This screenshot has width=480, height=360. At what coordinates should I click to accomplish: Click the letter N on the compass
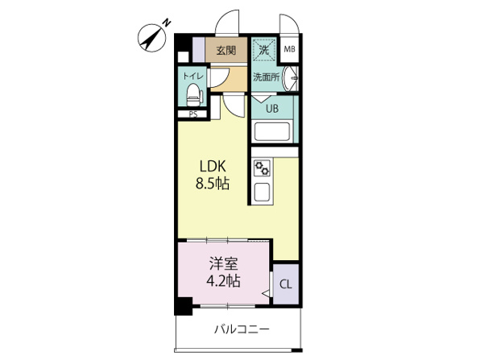(167, 23)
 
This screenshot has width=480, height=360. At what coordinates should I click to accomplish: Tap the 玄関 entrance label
(226, 50)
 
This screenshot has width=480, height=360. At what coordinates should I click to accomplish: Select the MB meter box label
(289, 48)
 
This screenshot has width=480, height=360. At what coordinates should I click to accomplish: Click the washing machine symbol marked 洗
(264, 50)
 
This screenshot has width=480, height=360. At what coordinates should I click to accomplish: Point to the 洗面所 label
(267, 77)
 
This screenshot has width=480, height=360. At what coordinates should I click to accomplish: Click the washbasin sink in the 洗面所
(290, 79)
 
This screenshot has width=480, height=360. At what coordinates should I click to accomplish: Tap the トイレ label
(192, 76)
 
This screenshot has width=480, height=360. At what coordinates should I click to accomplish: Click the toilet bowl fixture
(193, 95)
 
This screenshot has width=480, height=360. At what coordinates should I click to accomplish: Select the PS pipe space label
(192, 114)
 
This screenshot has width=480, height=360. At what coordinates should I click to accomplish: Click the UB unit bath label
(272, 108)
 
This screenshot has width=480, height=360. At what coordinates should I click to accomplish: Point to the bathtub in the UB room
(272, 132)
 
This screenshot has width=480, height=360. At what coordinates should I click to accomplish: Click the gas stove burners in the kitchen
(262, 168)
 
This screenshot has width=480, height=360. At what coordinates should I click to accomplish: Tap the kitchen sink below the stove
(262, 192)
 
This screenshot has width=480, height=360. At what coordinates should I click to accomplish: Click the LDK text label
(213, 166)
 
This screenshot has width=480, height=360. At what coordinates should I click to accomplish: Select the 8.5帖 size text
(213, 184)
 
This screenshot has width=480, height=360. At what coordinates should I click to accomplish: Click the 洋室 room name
(223, 264)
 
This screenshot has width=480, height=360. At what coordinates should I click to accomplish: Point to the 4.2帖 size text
(223, 281)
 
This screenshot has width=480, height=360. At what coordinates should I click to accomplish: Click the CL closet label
(286, 284)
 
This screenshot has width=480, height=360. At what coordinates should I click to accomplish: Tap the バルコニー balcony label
(242, 329)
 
